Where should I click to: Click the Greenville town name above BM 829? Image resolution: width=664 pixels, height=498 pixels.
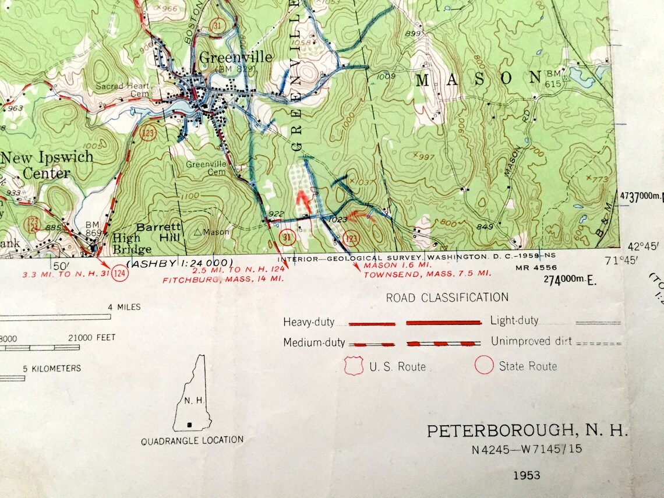click(x=235, y=57)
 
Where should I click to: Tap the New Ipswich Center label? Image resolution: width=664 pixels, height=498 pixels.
click(x=46, y=165)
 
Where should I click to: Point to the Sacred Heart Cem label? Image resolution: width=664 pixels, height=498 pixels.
click(x=123, y=90)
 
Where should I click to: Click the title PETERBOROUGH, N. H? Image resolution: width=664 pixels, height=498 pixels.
click(x=528, y=431)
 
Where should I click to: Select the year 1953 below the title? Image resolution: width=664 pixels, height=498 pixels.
click(x=527, y=475)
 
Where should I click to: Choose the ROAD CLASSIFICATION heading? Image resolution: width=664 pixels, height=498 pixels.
click(x=447, y=298)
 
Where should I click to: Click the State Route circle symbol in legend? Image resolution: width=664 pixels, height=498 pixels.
click(x=484, y=366)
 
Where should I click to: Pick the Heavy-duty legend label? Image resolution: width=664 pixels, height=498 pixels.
click(x=313, y=322)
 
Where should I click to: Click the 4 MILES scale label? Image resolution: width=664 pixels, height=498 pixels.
click(x=123, y=307)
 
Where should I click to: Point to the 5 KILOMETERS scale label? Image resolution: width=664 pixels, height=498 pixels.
click(x=52, y=368)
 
